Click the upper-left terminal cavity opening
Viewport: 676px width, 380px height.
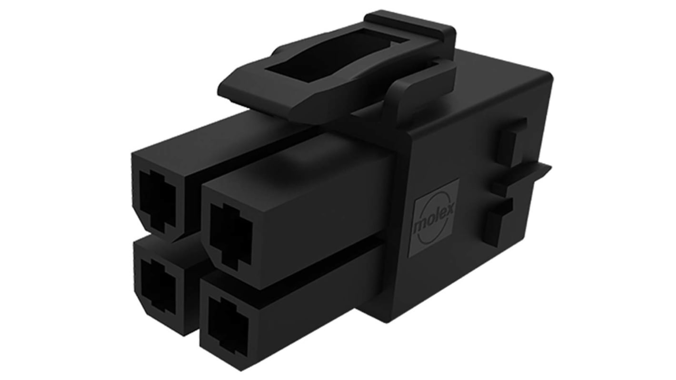point(158,200)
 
